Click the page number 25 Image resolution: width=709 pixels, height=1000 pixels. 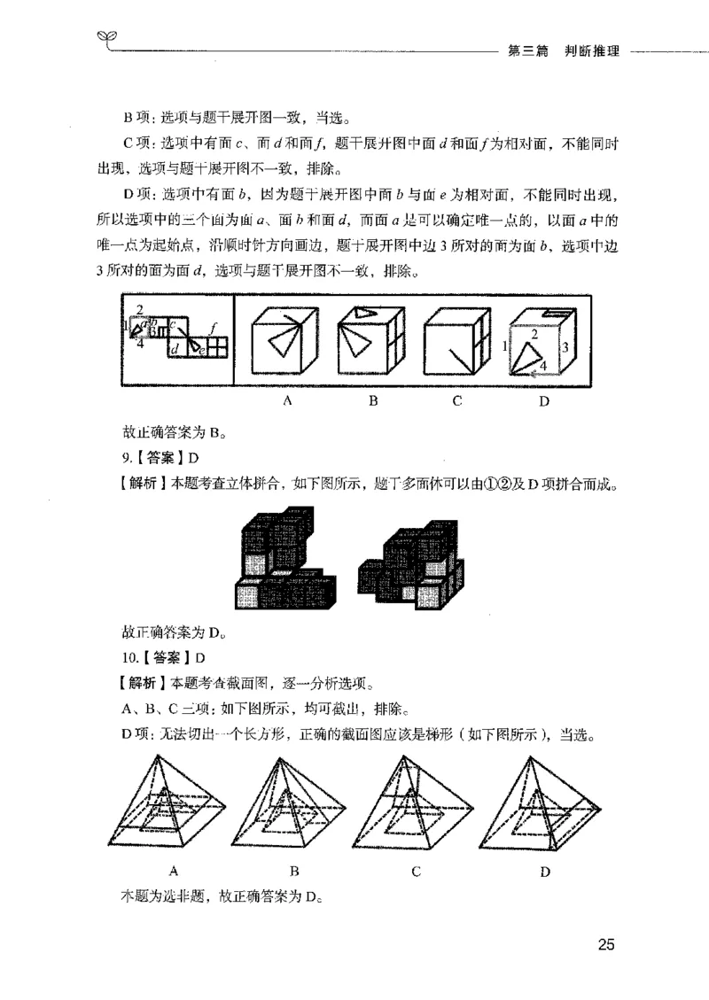tap(605, 944)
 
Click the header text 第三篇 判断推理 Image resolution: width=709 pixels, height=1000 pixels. tap(562, 51)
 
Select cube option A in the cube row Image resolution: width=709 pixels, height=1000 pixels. tap(286, 345)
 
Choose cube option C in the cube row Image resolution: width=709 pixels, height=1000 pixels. tap(456, 345)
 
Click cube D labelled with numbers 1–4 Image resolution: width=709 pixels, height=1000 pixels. tap(541, 345)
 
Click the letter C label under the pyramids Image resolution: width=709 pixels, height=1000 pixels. tap(416, 871)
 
